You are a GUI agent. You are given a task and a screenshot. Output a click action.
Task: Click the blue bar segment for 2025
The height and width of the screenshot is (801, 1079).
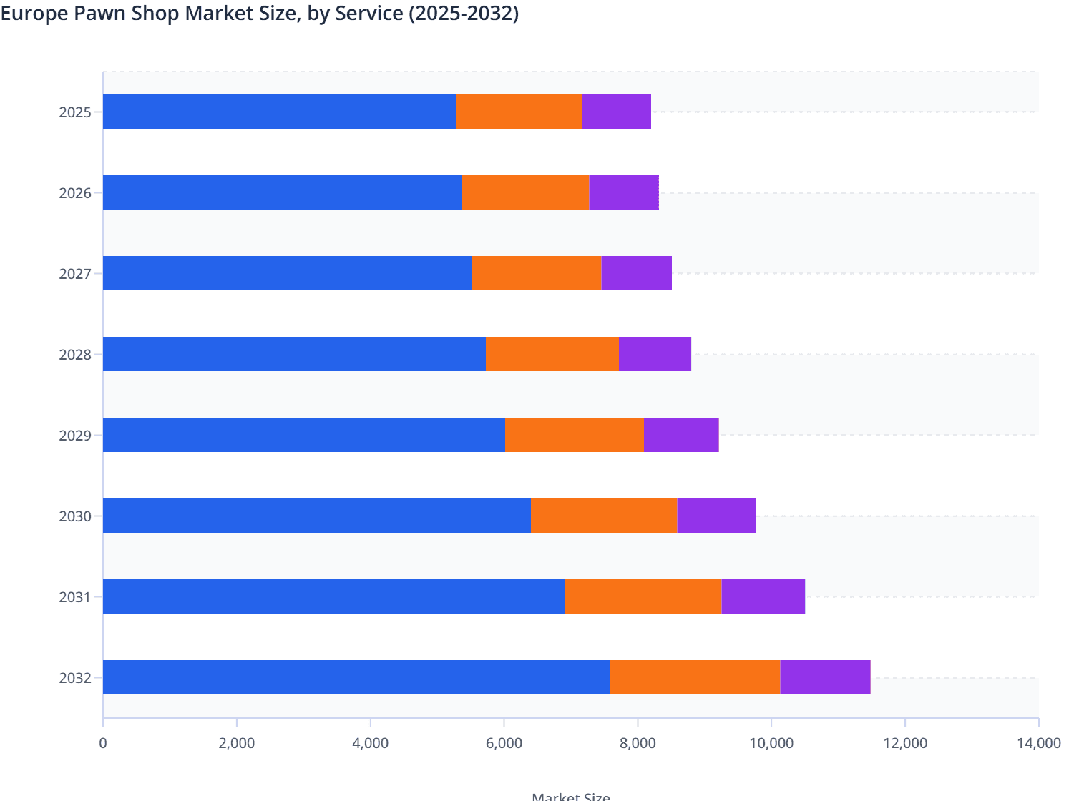279,112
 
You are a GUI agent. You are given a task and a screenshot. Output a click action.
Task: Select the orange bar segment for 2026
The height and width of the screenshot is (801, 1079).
526,192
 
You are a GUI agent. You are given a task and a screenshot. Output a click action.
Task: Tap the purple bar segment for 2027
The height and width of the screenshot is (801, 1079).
636,273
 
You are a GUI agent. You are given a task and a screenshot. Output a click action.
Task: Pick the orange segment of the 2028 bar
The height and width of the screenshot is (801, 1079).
552,354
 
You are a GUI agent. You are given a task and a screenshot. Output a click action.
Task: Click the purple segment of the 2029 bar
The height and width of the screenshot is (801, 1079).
681,435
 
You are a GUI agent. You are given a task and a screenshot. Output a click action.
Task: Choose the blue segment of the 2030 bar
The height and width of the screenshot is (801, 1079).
317,516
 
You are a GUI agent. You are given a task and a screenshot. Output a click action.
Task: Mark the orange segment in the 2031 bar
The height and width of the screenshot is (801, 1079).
643,596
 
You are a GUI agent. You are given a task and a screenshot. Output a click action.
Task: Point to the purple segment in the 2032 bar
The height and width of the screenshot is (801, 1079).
825,677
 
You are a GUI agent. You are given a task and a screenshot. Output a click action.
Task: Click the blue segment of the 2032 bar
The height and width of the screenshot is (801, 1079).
356,677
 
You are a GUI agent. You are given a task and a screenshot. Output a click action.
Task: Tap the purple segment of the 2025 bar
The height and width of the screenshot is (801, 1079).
616,112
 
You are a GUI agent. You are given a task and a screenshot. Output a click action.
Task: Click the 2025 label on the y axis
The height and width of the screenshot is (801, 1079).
75,112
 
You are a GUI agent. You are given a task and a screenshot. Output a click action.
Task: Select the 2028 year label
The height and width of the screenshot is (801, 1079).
75,355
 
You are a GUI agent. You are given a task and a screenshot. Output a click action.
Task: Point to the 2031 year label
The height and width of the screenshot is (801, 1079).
75,597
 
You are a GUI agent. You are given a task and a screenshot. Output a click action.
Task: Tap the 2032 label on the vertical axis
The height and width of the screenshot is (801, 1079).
75,678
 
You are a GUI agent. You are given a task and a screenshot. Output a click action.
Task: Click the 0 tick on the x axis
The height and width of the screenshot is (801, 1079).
103,743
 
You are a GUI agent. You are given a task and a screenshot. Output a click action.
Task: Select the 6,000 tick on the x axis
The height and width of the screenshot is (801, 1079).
504,743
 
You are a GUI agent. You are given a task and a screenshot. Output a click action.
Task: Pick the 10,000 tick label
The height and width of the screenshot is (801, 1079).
771,743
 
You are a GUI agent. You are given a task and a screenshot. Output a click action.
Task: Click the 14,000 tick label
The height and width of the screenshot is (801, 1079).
1038,743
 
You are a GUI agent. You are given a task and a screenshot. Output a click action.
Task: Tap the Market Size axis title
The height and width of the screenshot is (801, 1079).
571,796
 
